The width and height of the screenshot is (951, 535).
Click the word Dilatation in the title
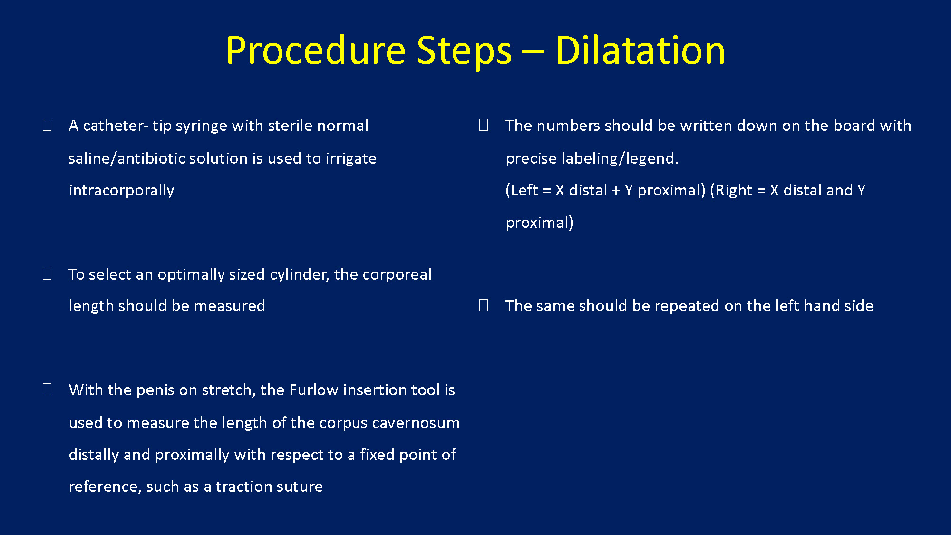coord(640,50)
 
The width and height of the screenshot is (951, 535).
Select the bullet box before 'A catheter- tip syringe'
coord(47,125)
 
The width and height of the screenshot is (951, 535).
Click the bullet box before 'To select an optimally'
coord(47,273)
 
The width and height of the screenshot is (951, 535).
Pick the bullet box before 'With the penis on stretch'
coord(47,389)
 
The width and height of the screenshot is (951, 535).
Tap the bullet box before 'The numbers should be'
coord(484,125)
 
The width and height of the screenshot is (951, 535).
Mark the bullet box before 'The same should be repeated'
coord(484,305)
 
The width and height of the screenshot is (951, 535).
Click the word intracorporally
coord(121,190)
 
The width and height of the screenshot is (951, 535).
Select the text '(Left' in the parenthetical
coord(522,190)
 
